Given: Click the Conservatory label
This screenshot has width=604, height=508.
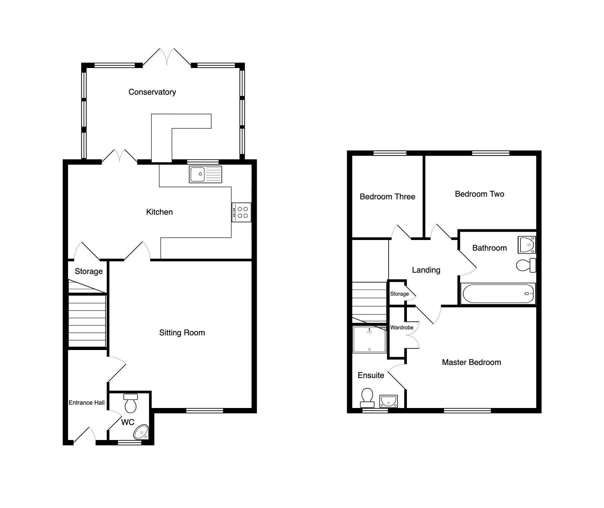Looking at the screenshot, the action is (152, 92).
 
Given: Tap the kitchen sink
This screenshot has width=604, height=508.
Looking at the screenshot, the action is (205, 174).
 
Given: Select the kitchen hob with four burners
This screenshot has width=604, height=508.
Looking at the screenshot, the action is (241, 212).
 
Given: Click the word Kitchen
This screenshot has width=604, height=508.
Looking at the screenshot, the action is (159, 212).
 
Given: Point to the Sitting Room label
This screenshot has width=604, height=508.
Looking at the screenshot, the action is (182, 333).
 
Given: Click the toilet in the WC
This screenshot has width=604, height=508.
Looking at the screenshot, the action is (130, 403).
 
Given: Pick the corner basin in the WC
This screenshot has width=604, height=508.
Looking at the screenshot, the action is (141, 432).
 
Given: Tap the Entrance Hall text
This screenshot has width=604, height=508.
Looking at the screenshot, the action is (86, 403).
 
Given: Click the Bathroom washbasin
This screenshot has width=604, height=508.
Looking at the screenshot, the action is (527, 245).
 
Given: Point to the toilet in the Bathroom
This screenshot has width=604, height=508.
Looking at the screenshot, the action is (526, 265).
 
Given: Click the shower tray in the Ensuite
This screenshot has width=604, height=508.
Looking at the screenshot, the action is (370, 339).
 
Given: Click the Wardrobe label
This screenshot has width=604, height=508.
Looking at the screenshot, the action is (402, 328).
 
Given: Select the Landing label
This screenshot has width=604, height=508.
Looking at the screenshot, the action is (426, 270).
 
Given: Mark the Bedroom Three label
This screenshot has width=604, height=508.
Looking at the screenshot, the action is (387, 197).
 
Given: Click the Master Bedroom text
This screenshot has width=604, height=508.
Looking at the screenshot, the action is (471, 362).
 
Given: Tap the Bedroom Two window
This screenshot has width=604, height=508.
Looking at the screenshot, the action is (491, 153).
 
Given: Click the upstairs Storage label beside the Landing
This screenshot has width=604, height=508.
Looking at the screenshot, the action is (400, 294).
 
